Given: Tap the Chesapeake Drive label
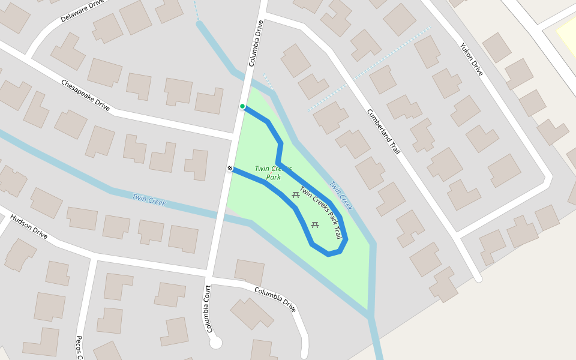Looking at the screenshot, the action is pos(85,95).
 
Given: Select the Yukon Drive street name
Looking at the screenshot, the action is pos(471,59).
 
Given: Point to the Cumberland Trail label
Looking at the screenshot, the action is pos(383,131).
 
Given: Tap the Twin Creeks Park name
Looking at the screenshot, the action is pos(273,173).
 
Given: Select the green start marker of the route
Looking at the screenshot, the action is pos(242,106).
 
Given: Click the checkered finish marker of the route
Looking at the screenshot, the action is pos(230,169).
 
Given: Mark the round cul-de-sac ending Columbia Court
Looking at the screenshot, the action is pos(216,343).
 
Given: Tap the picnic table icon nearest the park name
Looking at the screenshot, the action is pos(296,194).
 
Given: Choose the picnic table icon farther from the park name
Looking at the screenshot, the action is pos(315,225).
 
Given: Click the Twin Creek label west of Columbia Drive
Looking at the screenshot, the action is pos(148,199).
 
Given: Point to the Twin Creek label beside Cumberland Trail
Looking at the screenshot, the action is pos(340,196).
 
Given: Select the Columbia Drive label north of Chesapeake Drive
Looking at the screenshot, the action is pos(256,43).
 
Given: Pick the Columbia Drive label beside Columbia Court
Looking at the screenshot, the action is pos(275,299).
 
